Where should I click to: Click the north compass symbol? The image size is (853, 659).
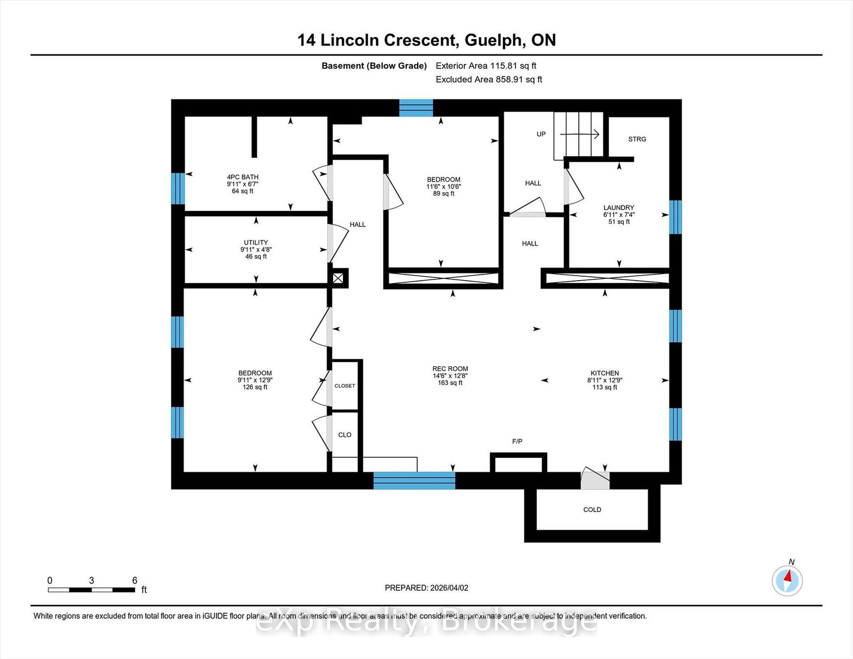tap(787, 580)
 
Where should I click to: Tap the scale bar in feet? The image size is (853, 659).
tap(91, 590)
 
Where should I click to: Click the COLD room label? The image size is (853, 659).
tap(592, 510)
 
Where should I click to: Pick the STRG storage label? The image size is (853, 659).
tap(637, 139)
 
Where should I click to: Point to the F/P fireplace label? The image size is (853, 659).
tap(517, 442)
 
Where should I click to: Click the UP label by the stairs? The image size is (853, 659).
tap(541, 134)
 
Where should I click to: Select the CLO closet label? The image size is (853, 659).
tap(345, 435)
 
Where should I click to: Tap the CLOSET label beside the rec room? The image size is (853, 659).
tap(345, 386)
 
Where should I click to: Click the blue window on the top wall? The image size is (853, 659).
tap(416, 108)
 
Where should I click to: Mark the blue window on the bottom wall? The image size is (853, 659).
tap(414, 481)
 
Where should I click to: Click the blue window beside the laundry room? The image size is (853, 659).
tap(675, 217)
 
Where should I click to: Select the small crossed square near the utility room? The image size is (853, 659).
tap(338, 278)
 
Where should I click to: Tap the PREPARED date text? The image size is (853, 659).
tap(427, 588)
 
